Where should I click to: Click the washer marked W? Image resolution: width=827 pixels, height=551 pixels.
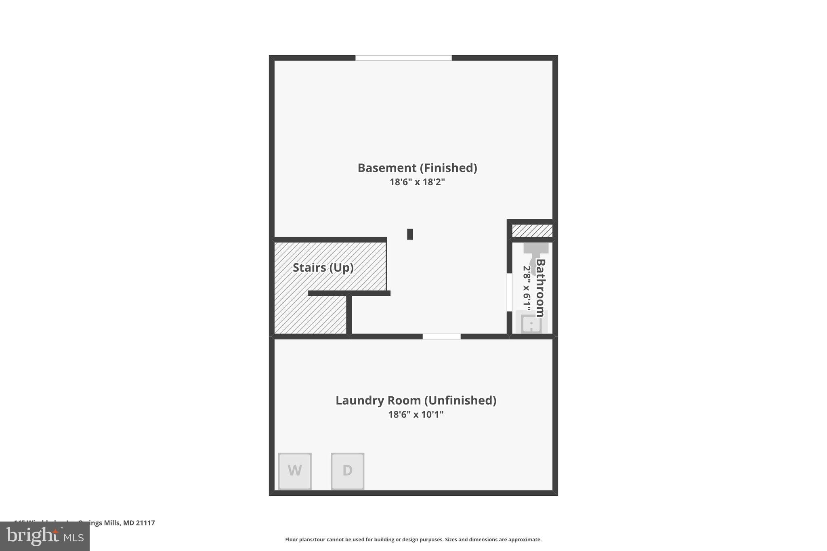(295, 471)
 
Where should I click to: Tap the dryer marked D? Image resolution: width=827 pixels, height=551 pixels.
(347, 471)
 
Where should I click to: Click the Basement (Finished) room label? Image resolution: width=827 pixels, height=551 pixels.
(417, 168)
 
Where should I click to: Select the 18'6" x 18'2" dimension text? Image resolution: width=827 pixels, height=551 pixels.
(417, 182)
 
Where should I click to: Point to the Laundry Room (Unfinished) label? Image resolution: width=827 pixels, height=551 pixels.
(416, 400)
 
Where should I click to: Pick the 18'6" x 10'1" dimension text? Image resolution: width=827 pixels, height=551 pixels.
(416, 415)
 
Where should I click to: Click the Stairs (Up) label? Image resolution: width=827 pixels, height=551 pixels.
(323, 268)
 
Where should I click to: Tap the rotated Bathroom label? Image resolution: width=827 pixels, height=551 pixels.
(540, 287)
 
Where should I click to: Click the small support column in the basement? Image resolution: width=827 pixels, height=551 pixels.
(410, 234)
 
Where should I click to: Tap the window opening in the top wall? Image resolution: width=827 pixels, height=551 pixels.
(403, 58)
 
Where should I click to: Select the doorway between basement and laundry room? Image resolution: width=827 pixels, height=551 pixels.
(441, 336)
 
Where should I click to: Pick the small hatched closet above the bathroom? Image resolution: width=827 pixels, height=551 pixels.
(532, 231)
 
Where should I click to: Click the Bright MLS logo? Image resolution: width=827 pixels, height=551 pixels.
(45, 536)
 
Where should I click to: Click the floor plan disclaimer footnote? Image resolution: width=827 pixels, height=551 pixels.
(413, 539)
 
